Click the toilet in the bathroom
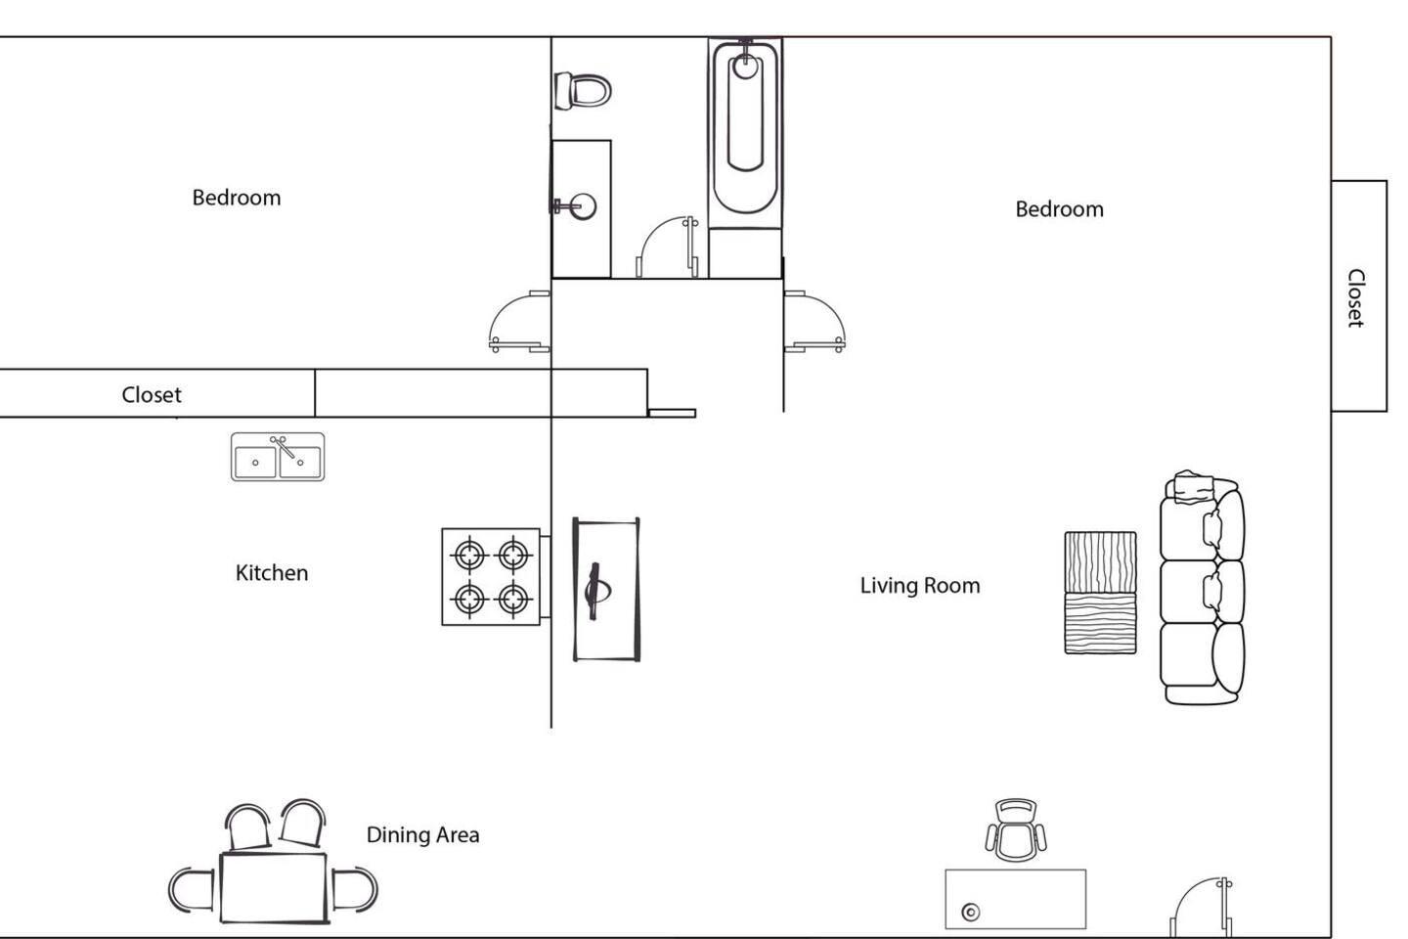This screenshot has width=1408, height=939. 583,91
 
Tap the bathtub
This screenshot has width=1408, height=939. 745,127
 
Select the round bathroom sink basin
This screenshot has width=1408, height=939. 583,206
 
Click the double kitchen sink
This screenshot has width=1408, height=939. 278,457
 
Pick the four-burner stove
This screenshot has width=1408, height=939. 491,577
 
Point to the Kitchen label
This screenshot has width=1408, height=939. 272,573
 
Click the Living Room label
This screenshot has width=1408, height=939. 920,586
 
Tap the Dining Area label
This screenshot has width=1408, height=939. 423,834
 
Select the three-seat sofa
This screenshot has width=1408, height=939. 1202,588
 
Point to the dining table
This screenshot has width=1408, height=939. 274,887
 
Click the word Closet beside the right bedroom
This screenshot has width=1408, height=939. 1356,298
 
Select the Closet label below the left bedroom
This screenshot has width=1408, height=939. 152,395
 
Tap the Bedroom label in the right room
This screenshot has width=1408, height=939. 1060,209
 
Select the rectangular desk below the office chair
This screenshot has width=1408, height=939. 1016,899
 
